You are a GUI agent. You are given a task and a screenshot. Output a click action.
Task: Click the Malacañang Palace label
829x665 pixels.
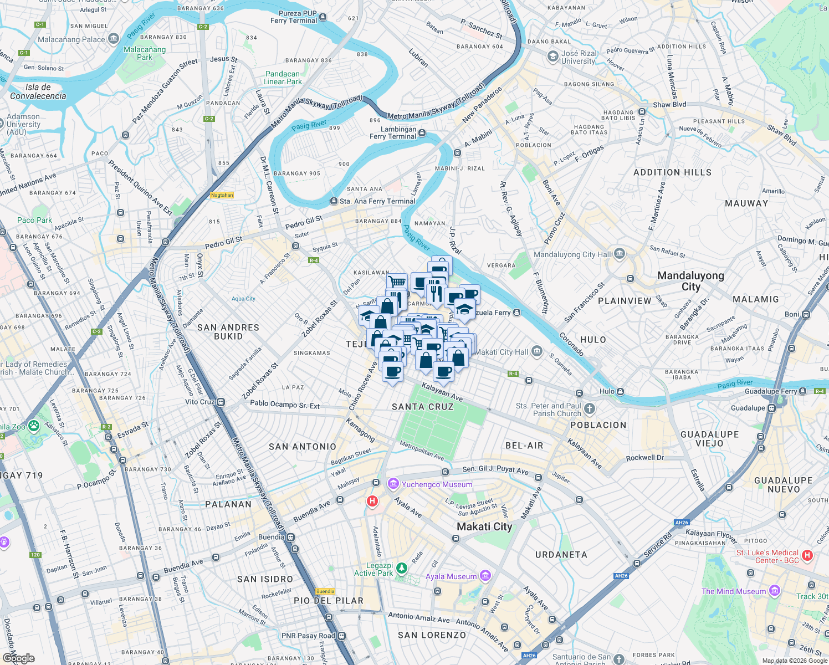[71, 39]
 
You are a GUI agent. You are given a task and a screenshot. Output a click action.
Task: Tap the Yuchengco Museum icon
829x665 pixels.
[393, 484]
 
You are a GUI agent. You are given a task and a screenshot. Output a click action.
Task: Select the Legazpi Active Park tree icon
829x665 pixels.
[402, 569]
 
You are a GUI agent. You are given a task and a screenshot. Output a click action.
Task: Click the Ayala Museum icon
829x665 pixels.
[485, 576]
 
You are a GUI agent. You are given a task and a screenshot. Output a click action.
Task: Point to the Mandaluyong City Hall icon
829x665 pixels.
[620, 254]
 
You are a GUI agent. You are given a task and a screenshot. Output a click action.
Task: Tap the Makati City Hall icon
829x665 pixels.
[536, 351]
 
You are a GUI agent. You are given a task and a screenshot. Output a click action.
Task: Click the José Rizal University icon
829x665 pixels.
[552, 57]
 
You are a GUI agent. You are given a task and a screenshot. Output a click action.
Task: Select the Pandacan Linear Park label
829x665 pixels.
[283, 78]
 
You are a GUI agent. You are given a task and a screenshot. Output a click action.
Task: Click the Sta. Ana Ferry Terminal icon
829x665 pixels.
[334, 201]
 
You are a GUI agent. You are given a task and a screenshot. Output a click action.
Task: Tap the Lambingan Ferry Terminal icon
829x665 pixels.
[422, 133]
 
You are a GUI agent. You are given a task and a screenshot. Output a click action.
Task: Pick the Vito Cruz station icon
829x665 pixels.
[221, 402]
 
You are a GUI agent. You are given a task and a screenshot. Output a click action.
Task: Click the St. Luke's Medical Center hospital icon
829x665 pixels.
[807, 555]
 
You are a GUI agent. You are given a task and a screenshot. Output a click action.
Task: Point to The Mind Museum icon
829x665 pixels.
[775, 591]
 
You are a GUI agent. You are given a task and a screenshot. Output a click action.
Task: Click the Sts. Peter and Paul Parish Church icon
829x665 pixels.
[590, 409]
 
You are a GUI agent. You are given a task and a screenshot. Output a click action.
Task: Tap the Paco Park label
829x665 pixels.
[34, 220]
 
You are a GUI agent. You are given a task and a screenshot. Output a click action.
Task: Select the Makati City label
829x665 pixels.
[484, 526]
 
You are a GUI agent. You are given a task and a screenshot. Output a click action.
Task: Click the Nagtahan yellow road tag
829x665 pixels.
[222, 195]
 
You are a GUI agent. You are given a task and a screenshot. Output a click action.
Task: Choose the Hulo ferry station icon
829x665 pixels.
[621, 391]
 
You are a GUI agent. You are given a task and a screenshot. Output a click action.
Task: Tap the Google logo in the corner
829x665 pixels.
[19, 658]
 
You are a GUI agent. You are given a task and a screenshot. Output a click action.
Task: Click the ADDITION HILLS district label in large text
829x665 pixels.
[672, 172]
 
